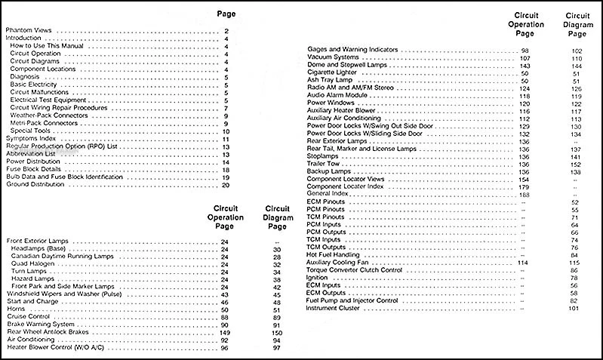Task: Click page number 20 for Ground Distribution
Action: [x=226, y=184]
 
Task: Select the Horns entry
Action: [x=17, y=309]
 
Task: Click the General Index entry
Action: [x=329, y=195]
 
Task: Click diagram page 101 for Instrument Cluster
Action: [x=574, y=308]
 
